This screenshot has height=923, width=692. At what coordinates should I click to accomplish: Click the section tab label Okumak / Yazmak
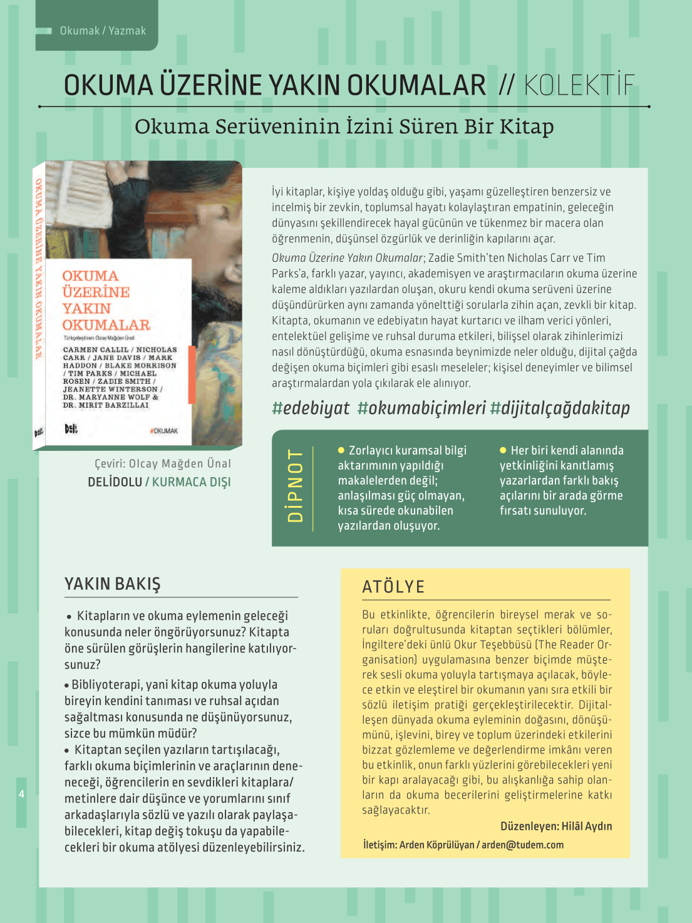click(x=103, y=31)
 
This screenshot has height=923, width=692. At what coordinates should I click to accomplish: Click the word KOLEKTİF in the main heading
click(x=579, y=86)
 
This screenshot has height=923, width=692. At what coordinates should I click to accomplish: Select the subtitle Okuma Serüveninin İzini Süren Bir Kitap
click(x=344, y=126)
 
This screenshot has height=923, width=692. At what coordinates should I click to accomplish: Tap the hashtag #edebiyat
click(x=311, y=408)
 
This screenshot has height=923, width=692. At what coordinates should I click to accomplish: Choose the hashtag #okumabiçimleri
click(x=421, y=408)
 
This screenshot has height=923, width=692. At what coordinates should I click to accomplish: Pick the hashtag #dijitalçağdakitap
click(x=560, y=408)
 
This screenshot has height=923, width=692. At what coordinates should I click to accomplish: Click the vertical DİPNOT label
click(x=295, y=485)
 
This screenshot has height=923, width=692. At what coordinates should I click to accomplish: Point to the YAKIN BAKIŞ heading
click(x=113, y=584)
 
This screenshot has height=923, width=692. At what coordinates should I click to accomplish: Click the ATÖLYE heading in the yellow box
click(x=393, y=587)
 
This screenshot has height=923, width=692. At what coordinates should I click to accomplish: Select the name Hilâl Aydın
click(x=587, y=826)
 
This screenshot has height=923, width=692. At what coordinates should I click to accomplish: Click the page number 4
click(x=21, y=794)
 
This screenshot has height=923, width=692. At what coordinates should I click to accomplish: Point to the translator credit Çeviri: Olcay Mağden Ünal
click(x=163, y=463)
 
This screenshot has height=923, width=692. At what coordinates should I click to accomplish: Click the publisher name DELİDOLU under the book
click(x=115, y=482)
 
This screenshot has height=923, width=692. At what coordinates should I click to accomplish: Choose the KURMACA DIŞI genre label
click(x=191, y=482)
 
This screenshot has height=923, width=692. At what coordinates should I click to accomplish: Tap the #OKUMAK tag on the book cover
click(x=164, y=431)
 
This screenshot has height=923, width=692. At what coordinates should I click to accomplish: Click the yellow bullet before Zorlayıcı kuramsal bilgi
click(x=341, y=450)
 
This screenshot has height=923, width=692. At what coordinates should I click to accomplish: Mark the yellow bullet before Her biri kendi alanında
click(x=504, y=450)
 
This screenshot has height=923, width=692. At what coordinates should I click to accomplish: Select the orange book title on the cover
click(x=106, y=301)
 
